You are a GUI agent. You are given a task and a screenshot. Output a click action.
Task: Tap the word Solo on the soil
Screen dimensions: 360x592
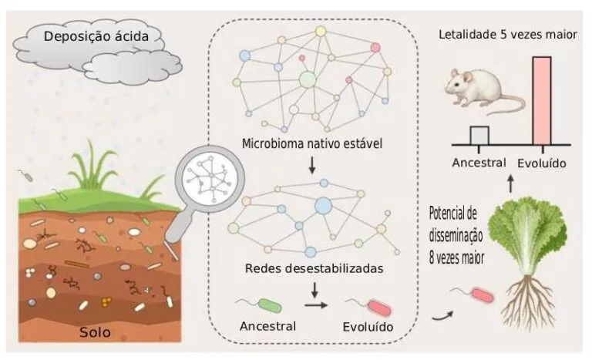[x=96, y=333]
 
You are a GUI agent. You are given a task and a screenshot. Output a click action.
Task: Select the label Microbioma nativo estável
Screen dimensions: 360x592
[x=312, y=144]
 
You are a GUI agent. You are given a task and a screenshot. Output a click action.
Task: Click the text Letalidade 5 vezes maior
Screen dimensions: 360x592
[x=508, y=35]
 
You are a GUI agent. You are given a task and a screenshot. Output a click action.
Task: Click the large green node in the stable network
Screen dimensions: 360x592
[x=308, y=79]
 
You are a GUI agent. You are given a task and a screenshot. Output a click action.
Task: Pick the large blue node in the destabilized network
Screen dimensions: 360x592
[x=323, y=205]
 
